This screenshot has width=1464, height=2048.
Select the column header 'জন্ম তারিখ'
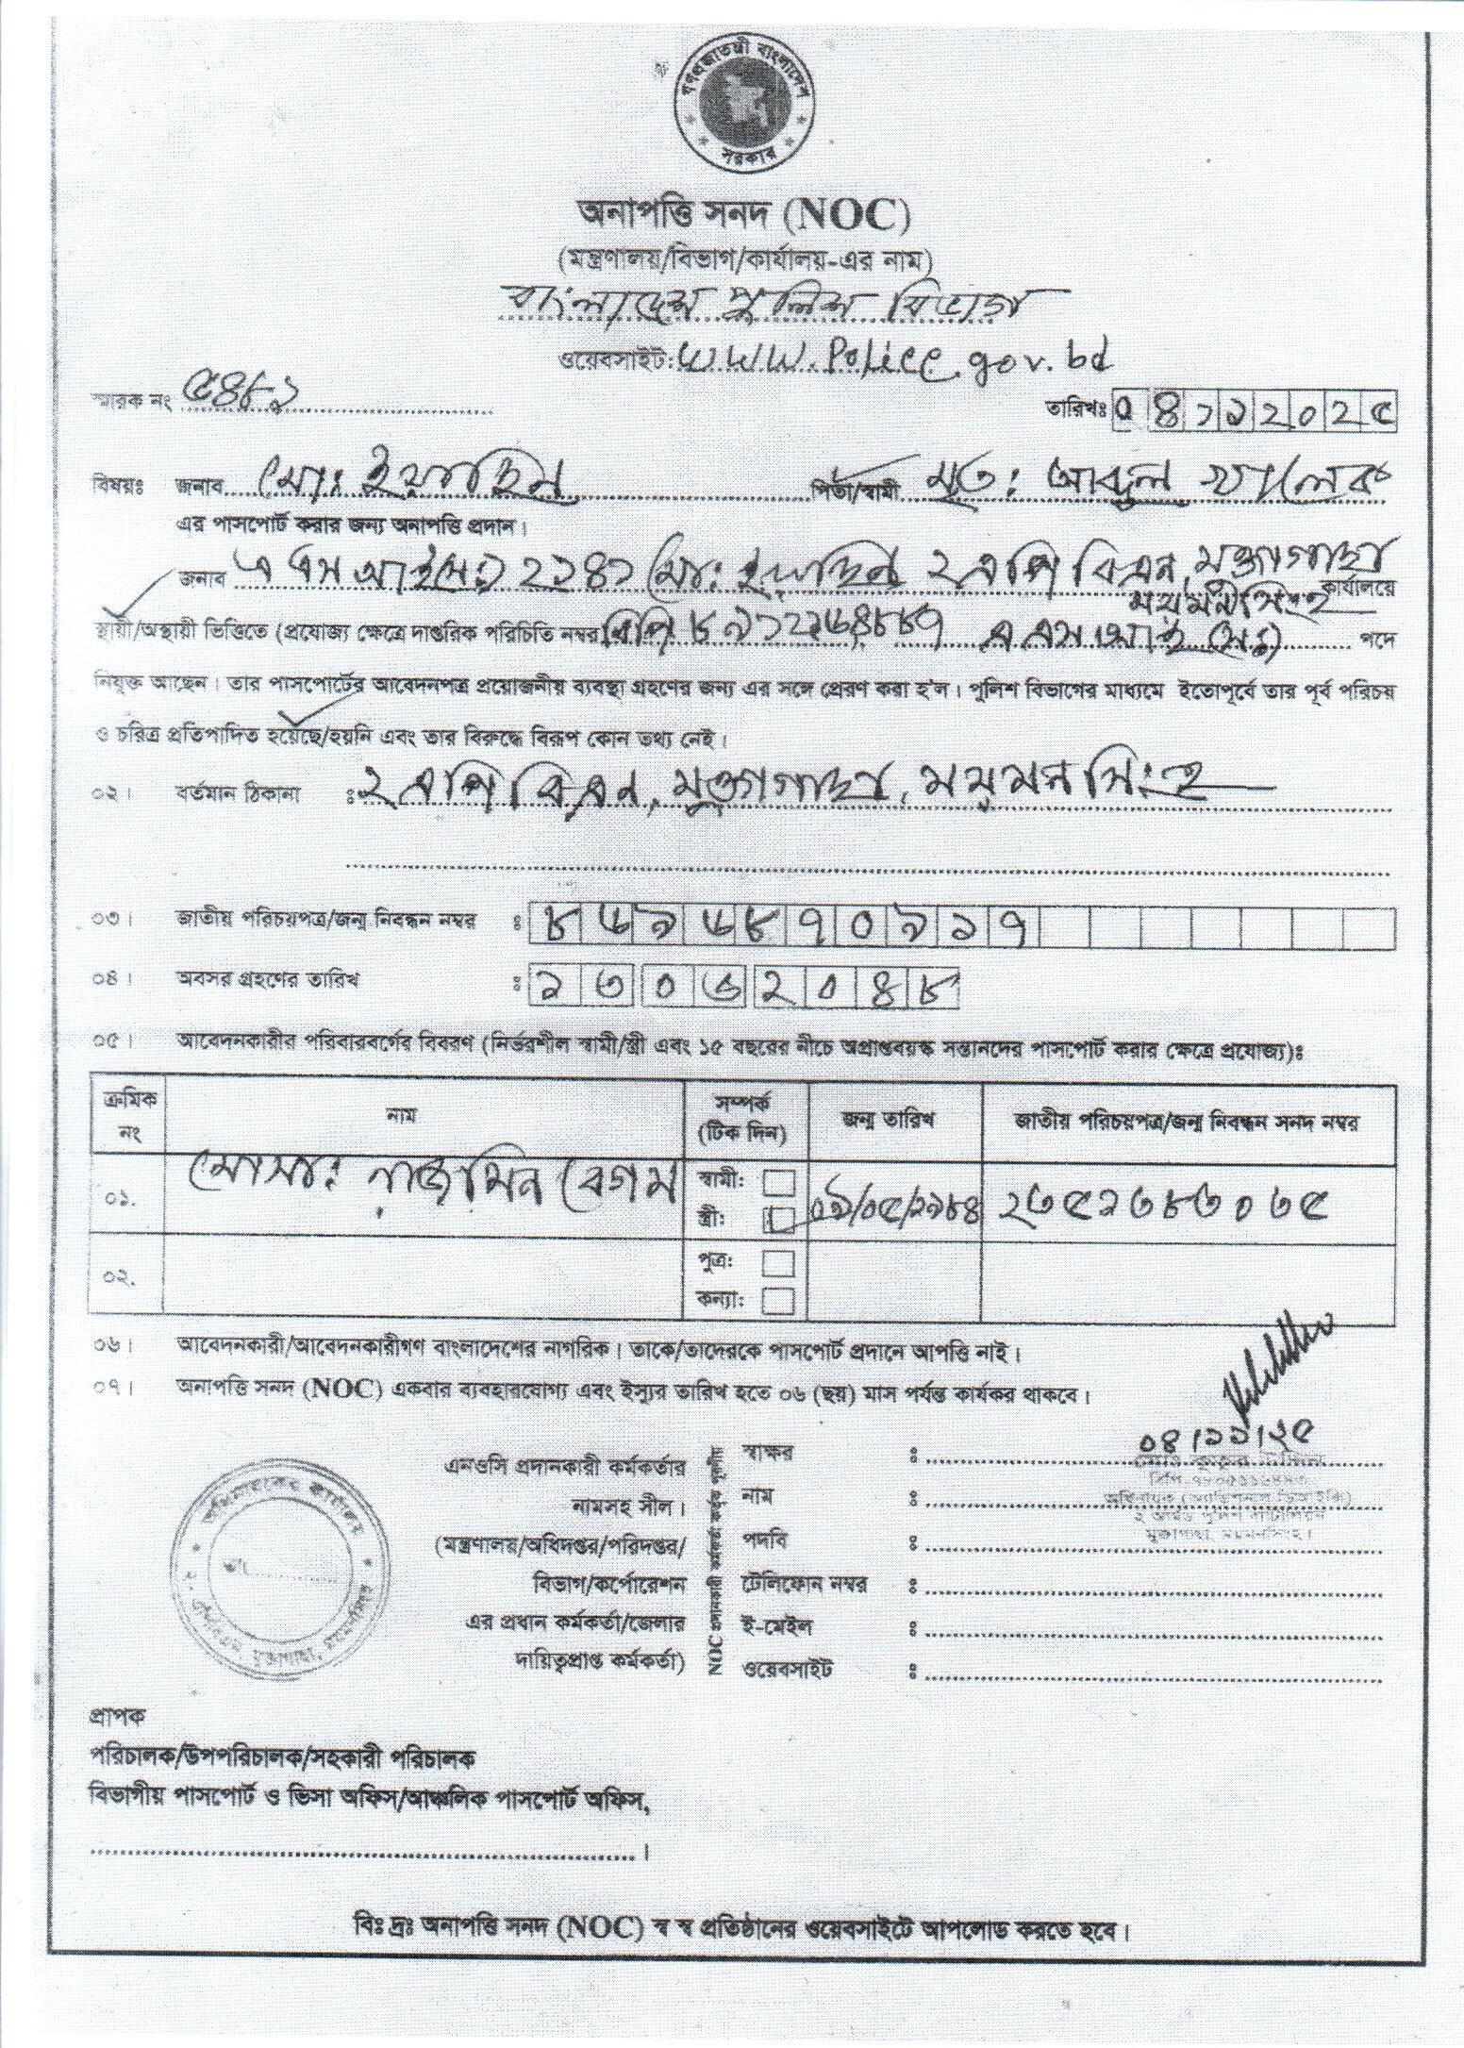click(x=896, y=1122)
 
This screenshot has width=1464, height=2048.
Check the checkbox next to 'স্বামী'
click(x=779, y=1183)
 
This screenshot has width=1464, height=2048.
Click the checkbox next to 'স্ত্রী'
click(x=779, y=1221)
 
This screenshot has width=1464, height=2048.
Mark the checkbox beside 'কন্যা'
click(x=779, y=1302)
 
